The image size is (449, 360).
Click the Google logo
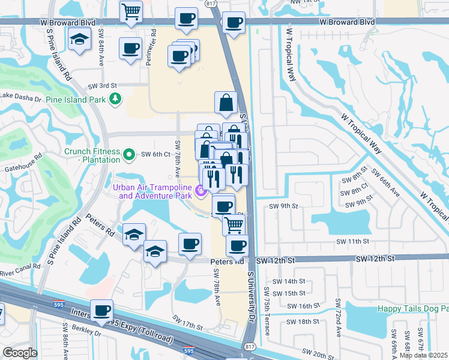coord(20,353)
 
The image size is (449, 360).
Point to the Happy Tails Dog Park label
coord(412,308)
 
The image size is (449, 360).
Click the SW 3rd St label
coord(101,86)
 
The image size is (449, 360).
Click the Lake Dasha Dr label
coord(20,95)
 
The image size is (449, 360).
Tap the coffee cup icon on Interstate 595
coord(101,310)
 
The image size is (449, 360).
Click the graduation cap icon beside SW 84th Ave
coord(79,40)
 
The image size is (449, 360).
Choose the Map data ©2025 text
coord(423,355)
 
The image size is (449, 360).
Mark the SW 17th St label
coord(187,322)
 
